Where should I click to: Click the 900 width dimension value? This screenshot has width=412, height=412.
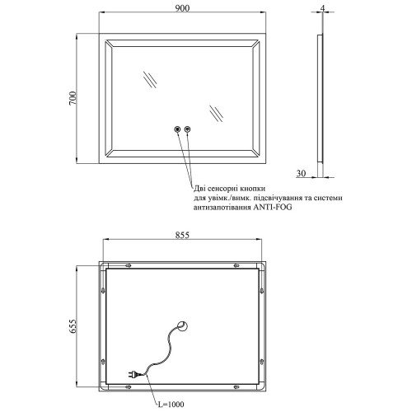coord(182,8)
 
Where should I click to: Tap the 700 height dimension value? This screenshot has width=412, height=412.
coord(73,98)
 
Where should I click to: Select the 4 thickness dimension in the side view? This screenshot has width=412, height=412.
coord(323,8)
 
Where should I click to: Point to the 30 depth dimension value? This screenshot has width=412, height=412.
coord(301,173)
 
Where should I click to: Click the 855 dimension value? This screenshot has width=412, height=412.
coord(182,235)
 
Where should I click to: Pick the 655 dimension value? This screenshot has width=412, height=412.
coord(73,326)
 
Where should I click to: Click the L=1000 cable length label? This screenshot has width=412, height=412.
coord(171,405)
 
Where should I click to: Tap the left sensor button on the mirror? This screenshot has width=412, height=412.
coord(177,129)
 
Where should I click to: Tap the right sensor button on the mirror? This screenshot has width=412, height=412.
coord(188,129)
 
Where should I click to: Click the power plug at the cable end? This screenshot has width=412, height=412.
coord(134,374)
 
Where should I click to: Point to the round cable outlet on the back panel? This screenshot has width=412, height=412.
coord(182,326)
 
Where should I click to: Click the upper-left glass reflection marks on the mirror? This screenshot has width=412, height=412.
coord(150,80)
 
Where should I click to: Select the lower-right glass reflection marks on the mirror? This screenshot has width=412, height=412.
coord(217,114)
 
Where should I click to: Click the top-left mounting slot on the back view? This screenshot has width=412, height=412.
coord(128,265)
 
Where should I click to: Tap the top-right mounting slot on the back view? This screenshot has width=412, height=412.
coord(236,265)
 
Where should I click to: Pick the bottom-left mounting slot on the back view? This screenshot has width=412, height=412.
coord(128,387)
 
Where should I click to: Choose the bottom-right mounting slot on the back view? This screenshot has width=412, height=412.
coord(236,387)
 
